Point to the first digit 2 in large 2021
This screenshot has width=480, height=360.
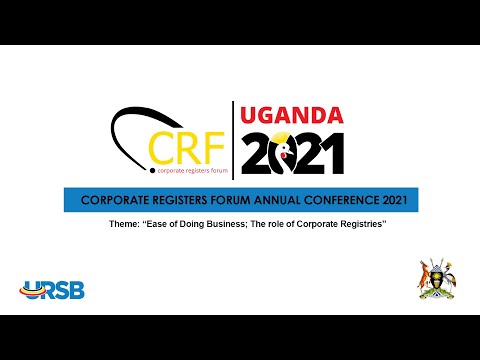(254, 152)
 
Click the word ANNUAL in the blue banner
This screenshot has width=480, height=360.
(271, 200)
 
